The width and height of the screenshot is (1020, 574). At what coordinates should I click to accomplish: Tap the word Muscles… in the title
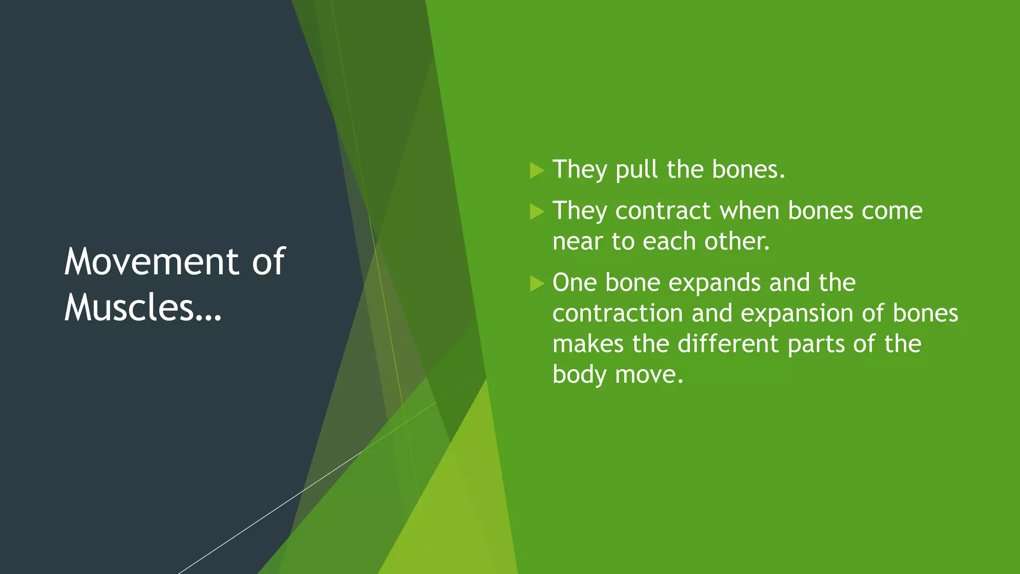(x=143, y=307)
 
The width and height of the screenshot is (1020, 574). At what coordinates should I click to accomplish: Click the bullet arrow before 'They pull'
(x=537, y=170)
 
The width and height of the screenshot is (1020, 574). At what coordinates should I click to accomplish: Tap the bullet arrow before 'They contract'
(x=537, y=211)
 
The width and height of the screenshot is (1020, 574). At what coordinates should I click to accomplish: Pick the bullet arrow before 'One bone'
(x=537, y=284)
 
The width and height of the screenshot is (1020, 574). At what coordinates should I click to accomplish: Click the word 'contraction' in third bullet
(x=618, y=314)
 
